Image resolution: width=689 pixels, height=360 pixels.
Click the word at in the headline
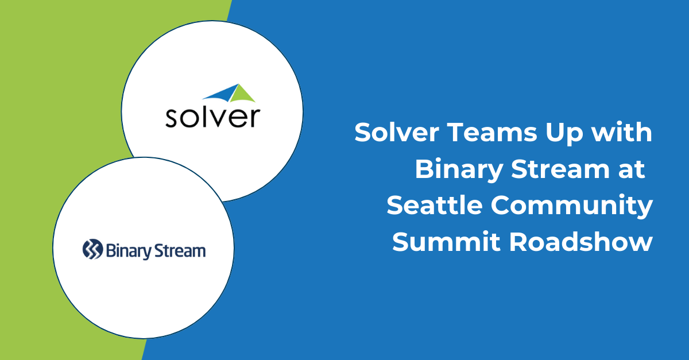[631, 171]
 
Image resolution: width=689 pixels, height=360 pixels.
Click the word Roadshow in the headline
[580, 242]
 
